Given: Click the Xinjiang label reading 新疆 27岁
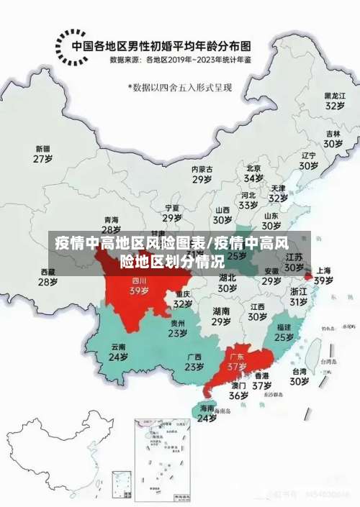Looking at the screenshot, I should pos(43,153).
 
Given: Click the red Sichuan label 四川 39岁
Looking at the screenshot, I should pos(139,286).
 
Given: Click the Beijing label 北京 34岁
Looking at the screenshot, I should pos(253,173).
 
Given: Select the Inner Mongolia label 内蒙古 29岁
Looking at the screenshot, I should pos(202,173).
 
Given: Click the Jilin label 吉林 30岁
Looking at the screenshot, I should pos(333,138).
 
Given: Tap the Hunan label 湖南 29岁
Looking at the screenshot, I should pos(222,316).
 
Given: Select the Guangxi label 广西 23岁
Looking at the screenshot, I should pos(194,362).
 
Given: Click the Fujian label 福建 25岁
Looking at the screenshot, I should pos(284,332).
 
